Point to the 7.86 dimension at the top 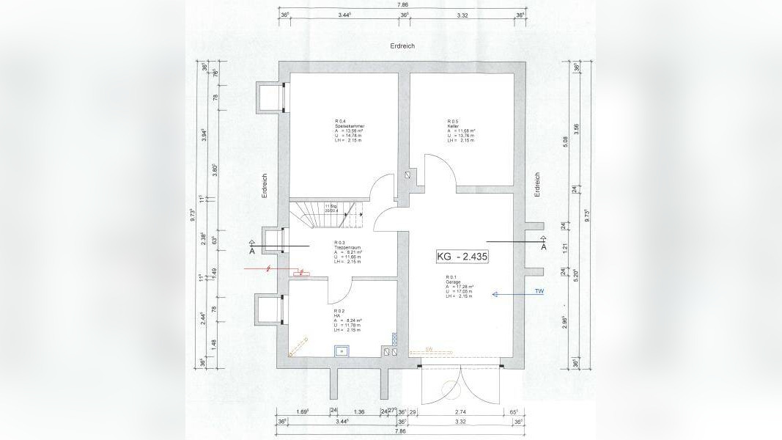click(x=403, y=4)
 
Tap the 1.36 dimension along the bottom click(x=358, y=412)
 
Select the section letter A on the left click(x=252, y=251)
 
